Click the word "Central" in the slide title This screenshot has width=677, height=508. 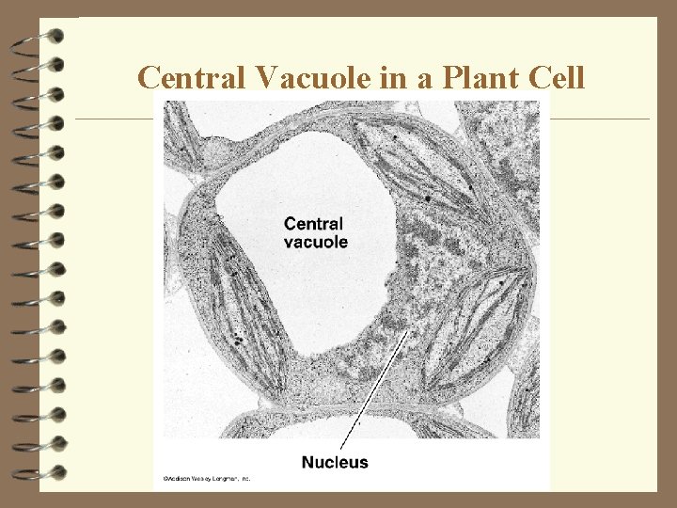click(x=184, y=77)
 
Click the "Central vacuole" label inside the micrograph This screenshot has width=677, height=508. click(x=315, y=232)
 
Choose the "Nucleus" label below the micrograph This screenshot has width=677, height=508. click(x=335, y=462)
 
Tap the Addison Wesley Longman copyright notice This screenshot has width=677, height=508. click(x=208, y=479)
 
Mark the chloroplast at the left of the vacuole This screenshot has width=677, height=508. click(x=235, y=301)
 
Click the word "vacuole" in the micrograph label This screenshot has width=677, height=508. click(x=315, y=242)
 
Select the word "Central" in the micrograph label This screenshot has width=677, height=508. click(x=313, y=224)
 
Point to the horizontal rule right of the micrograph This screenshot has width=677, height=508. click(x=598, y=119)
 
